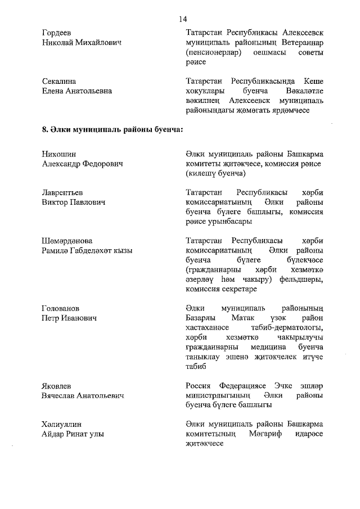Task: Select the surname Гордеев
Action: [x=57, y=33]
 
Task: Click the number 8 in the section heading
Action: [x=44, y=130]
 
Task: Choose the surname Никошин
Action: [x=58, y=154]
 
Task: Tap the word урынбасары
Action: [x=228, y=222]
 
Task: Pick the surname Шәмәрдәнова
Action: [x=67, y=241]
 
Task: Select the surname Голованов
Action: [x=60, y=308]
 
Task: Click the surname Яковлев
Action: [x=57, y=386]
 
